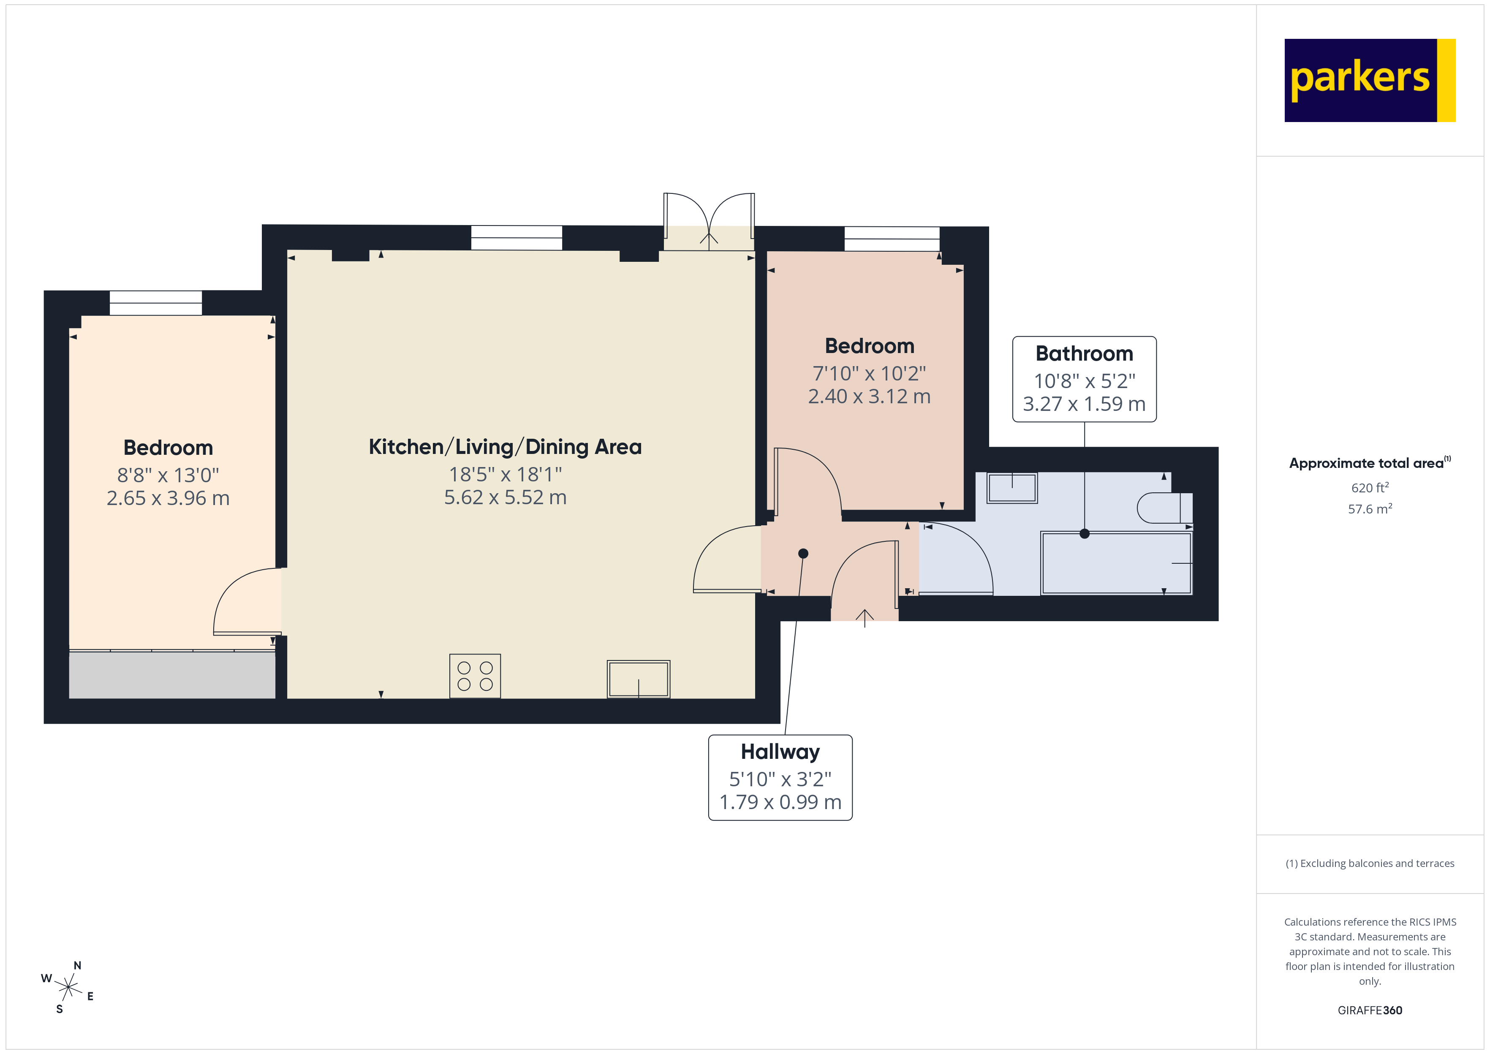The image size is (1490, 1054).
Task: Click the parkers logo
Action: (x=1369, y=81)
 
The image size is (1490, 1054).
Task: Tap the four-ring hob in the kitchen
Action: (x=475, y=676)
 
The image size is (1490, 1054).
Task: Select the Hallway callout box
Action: (x=780, y=777)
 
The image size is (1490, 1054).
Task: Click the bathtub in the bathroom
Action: (x=1116, y=563)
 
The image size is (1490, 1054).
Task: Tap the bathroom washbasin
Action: (x=1012, y=487)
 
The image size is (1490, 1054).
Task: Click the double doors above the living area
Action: (x=709, y=221)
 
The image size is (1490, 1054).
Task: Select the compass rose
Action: (x=68, y=987)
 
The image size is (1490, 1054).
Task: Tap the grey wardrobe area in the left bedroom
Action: (x=172, y=675)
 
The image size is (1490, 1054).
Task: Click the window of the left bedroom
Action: (x=156, y=303)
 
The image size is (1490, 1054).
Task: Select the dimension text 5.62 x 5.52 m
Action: (x=505, y=497)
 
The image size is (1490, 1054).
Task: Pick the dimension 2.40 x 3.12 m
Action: (x=869, y=396)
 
